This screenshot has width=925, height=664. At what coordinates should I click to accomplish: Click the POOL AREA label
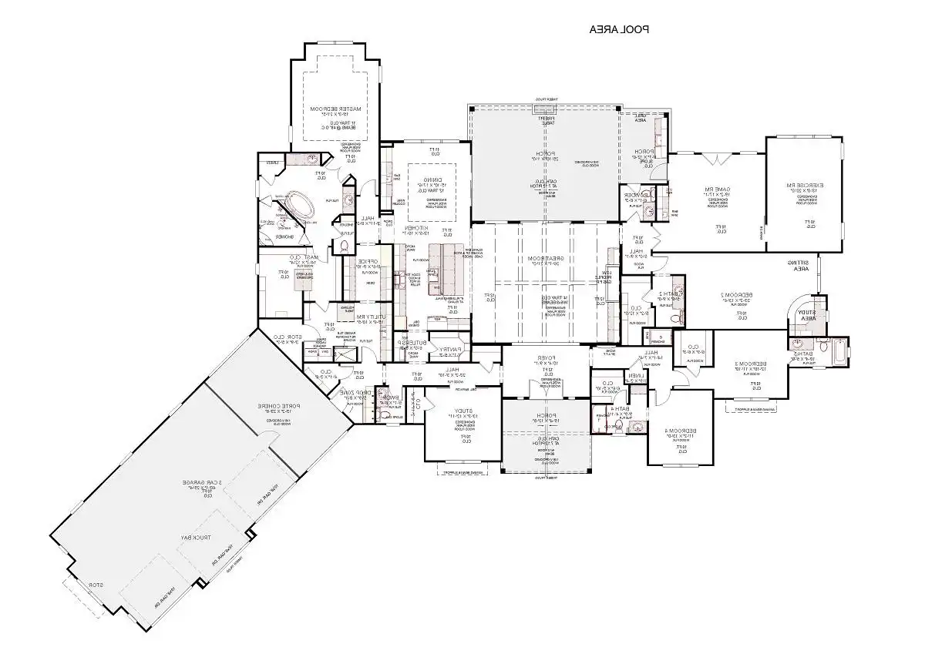619,30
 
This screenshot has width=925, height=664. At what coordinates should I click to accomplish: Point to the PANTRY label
449,350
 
